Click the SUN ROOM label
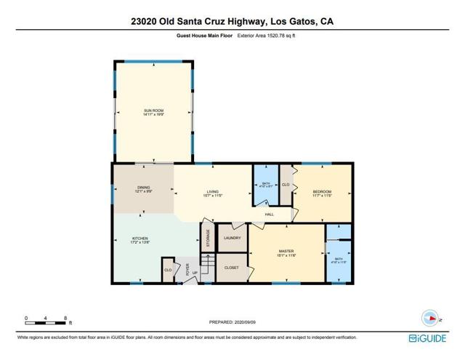point(153,112)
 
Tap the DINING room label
point(143,190)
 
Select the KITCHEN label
point(139,240)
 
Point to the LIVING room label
point(211,193)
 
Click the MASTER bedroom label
point(286,252)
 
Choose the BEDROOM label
point(322,193)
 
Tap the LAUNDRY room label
point(232,238)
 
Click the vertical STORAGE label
point(208,239)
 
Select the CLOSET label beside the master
point(232,267)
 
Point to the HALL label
point(269,215)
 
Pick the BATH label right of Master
point(339,260)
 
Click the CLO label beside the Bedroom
point(286,185)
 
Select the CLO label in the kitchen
point(168,271)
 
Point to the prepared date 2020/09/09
point(232,321)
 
